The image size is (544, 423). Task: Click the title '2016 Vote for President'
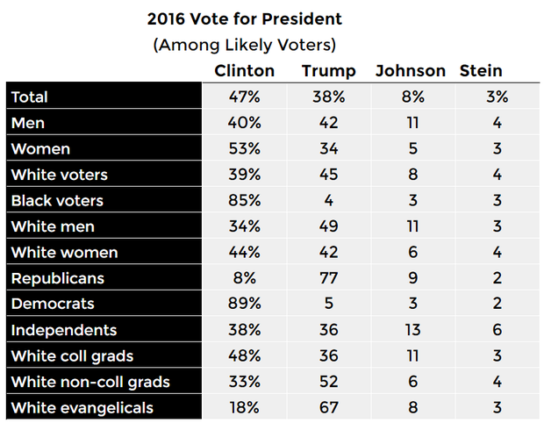(244, 18)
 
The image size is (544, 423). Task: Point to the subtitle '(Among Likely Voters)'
(244, 44)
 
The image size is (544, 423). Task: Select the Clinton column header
(244, 71)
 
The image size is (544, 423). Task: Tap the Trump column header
(328, 71)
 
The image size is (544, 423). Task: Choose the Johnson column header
(410, 71)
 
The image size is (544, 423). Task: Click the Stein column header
(481, 71)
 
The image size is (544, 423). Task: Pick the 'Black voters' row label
(57, 201)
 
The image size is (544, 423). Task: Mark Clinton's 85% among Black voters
(244, 201)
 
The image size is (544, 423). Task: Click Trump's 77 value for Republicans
(328, 278)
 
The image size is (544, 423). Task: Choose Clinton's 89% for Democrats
(244, 305)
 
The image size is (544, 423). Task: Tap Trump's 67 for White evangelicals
(328, 408)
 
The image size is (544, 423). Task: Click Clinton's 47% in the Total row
(244, 97)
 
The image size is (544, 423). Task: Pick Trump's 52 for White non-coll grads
(328, 382)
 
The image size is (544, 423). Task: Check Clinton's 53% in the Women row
(244, 149)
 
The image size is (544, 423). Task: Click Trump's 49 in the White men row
(328, 226)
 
